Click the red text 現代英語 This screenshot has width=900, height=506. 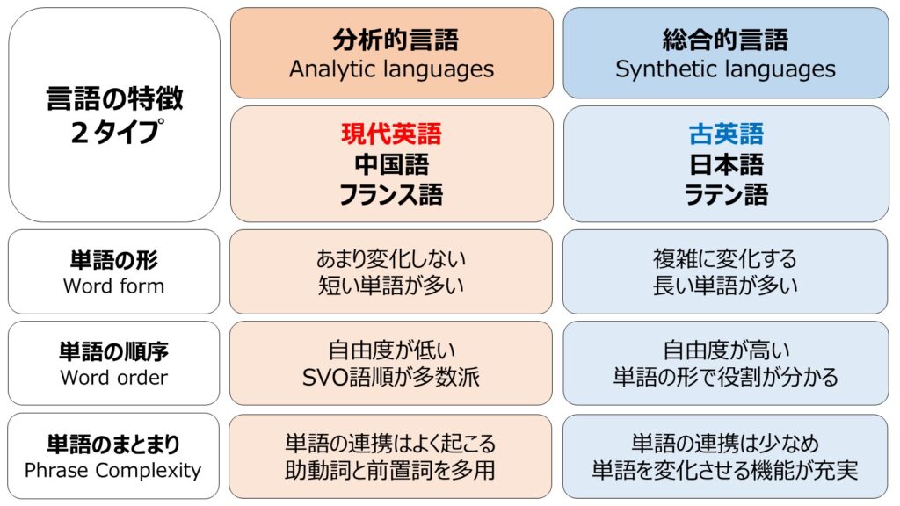coord(391,134)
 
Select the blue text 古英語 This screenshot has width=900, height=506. coord(726,134)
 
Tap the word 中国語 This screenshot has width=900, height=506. coord(391,164)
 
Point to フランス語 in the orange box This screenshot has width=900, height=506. coord(391,194)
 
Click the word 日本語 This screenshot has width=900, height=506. coord(726,164)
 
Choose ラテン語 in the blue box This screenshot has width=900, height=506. coord(726,194)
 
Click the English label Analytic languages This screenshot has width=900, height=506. coord(391,69)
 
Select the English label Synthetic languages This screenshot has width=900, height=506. coord(725,69)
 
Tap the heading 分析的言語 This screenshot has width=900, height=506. coord(396,40)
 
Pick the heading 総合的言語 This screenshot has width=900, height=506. coord(725,40)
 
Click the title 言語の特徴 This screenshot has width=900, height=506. coord(115,98)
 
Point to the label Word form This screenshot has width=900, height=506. coord(113,286)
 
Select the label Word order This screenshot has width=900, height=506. coord(113,378)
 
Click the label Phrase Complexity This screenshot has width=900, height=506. coord(113,471)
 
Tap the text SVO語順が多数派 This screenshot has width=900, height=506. coord(391,377)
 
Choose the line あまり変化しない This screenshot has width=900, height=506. coord(391,259)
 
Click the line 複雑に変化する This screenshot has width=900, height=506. coord(725,259)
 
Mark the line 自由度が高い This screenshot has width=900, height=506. coord(726,350)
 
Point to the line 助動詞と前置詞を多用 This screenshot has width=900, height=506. coord(390,471)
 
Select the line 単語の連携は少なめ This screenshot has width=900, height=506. coord(725,444)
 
